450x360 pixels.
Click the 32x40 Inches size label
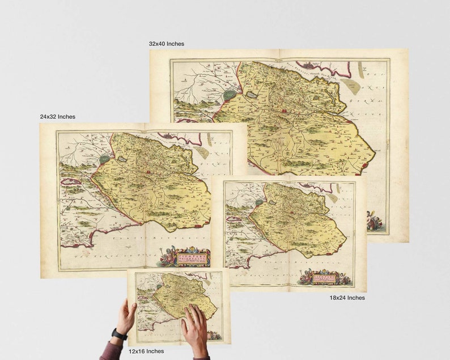(166, 44)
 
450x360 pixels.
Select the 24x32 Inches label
(57, 117)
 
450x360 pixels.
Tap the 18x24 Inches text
(347, 298)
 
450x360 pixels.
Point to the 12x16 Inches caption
(146, 351)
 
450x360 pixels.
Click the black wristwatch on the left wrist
(119, 334)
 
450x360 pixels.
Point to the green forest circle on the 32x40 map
(230, 95)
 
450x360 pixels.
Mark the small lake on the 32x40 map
(251, 95)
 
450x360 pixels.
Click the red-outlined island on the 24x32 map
(71, 183)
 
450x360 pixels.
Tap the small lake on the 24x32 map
(121, 160)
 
